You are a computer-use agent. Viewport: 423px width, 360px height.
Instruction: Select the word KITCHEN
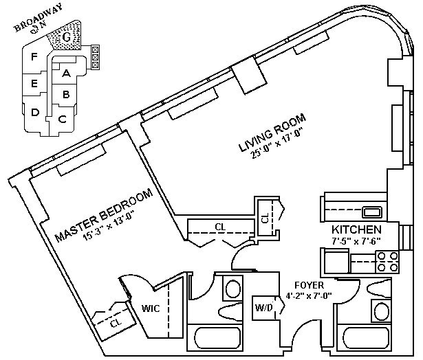point(356,229)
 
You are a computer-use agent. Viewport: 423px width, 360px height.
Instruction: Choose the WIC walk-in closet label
point(151,308)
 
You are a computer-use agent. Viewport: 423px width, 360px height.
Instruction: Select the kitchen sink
point(372,212)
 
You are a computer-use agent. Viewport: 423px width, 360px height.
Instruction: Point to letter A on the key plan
point(66,72)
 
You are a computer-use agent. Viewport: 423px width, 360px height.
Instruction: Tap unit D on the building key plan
point(34,113)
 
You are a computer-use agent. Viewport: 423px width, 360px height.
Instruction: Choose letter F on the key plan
point(33,57)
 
